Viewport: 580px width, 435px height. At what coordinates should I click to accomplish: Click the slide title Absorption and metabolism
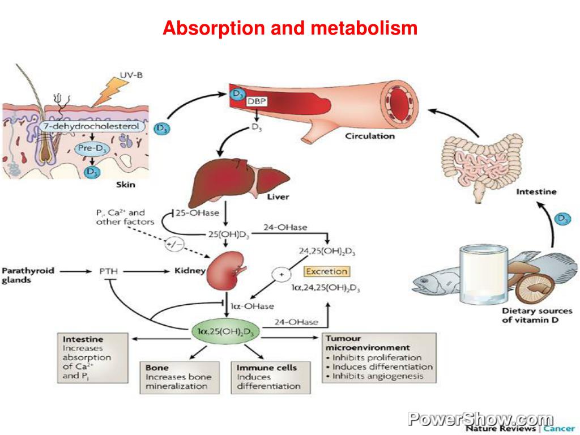click(290, 28)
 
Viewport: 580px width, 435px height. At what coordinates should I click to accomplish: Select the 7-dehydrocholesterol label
click(91, 127)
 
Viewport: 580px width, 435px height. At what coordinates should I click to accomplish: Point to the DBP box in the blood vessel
click(256, 101)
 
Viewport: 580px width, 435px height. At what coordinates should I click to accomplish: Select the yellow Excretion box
click(326, 271)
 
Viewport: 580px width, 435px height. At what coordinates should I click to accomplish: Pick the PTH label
click(109, 271)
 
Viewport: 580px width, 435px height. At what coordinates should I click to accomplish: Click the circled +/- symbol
click(174, 245)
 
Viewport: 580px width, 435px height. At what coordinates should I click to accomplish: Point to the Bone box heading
click(157, 368)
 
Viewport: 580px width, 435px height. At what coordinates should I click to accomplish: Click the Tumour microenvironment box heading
click(367, 343)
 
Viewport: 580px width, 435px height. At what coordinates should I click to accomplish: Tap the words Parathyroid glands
click(28, 275)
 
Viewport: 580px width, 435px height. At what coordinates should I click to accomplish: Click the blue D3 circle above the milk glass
click(562, 218)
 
